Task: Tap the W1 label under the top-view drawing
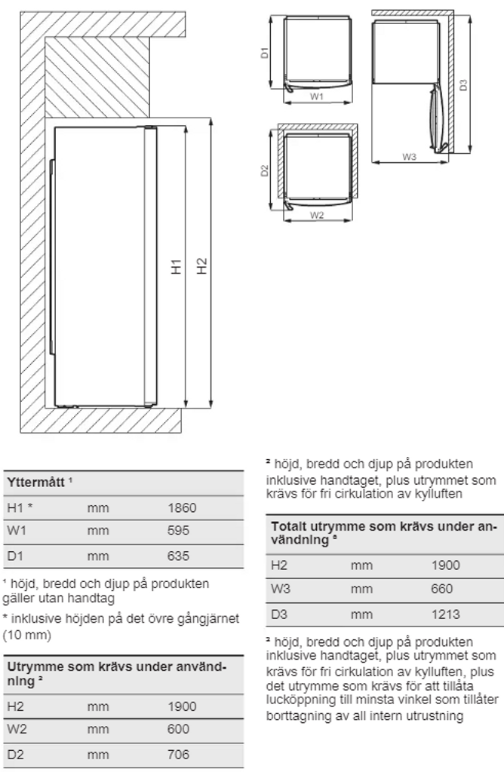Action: tap(317, 96)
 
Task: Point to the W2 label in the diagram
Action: tap(317, 215)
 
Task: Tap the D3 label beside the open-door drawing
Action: tap(463, 84)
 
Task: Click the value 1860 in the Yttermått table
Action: tap(182, 508)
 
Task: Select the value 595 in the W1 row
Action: tap(178, 531)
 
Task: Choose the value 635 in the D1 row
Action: tap(178, 556)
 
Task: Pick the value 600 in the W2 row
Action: tap(178, 730)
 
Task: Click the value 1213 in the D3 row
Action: tap(445, 614)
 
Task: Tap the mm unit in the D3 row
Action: tap(361, 614)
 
